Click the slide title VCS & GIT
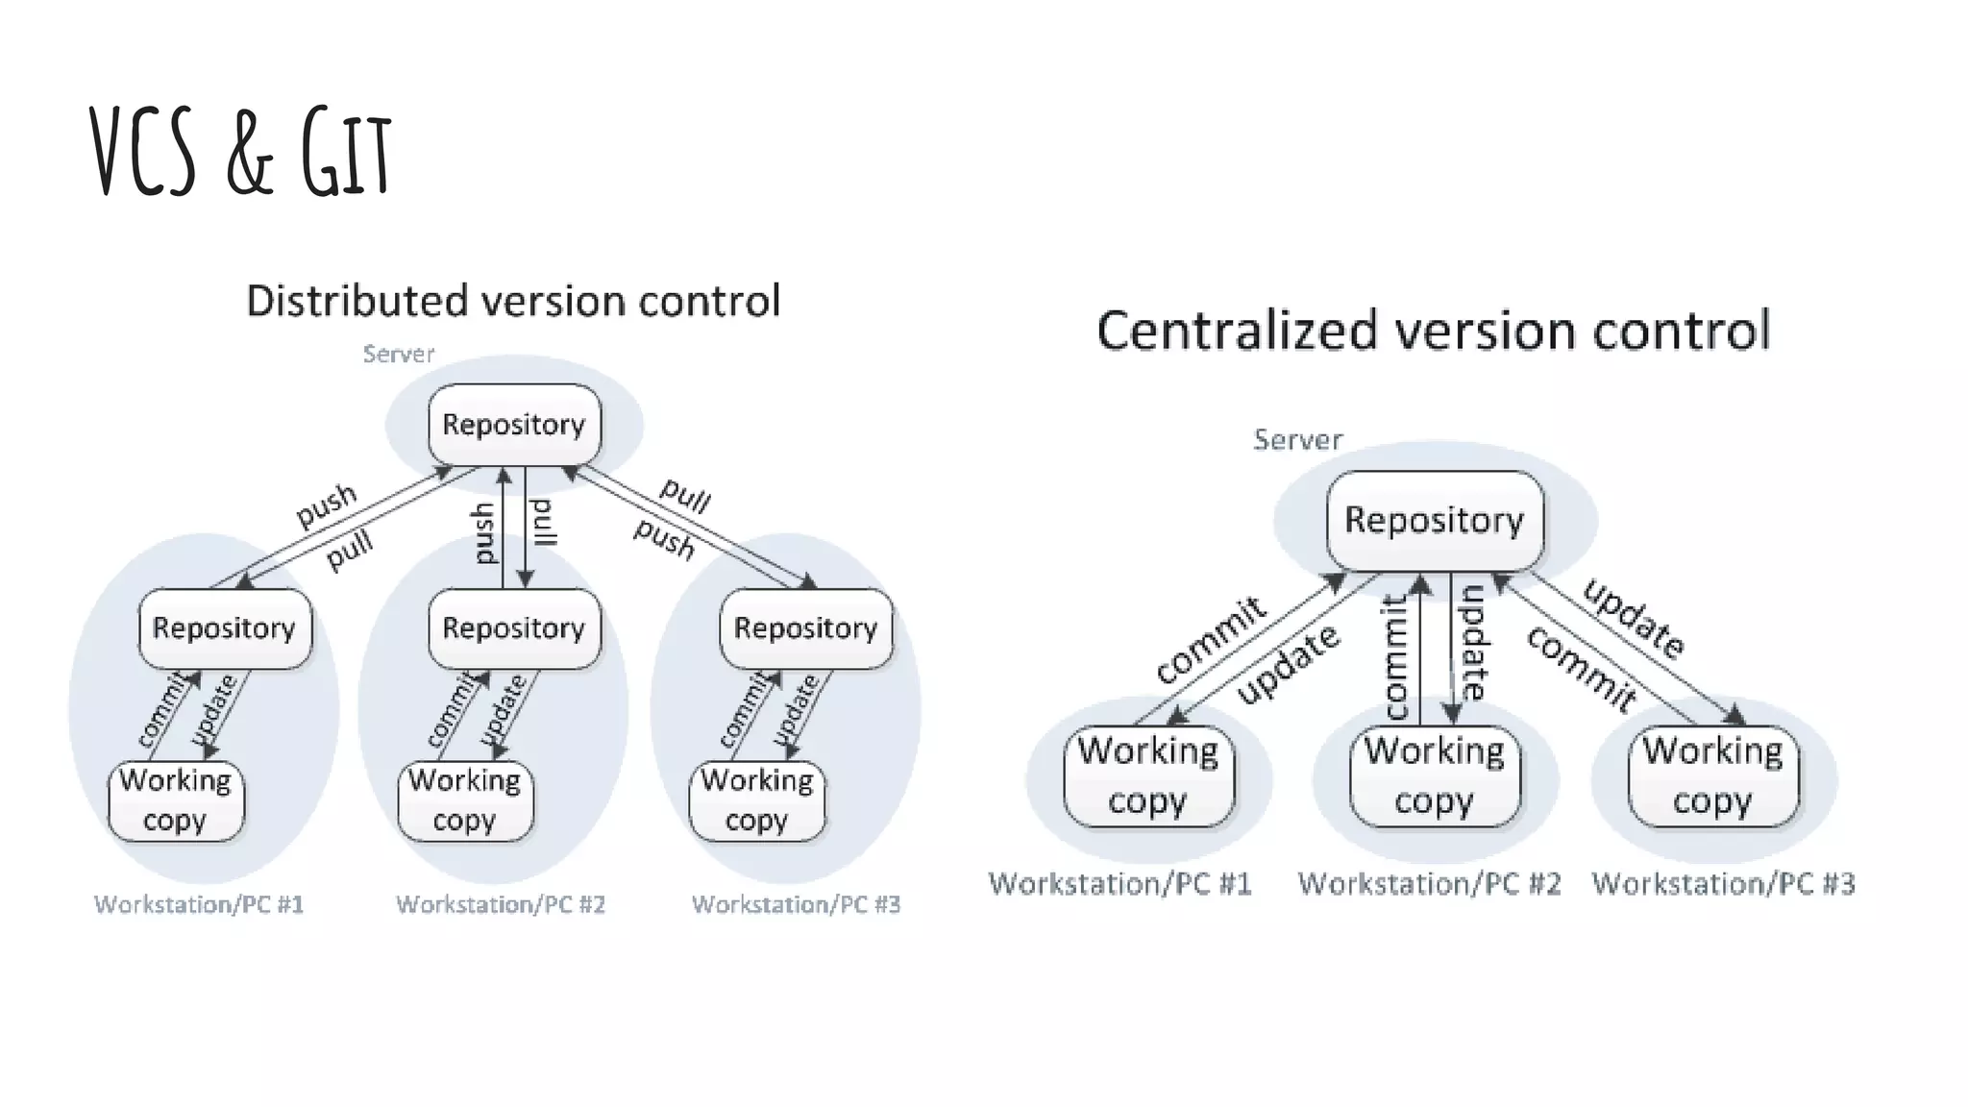tap(240, 152)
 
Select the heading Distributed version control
tap(513, 301)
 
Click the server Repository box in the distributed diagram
tap(514, 425)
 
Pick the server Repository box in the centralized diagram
tap(1434, 520)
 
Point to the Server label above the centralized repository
tap(1297, 440)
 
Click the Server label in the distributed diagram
tap(398, 355)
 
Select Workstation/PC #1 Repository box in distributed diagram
tap(224, 628)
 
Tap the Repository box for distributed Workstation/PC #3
tap(805, 628)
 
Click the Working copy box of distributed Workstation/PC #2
tap(465, 800)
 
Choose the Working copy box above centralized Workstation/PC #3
tap(1712, 775)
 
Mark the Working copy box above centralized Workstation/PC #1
tap(1148, 775)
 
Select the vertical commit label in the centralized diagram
tap(1394, 655)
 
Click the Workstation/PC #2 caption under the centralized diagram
tap(1429, 884)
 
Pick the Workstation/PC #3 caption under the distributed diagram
tap(796, 905)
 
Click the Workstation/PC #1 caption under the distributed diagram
tap(199, 905)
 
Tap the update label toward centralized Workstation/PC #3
tap(1633, 619)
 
